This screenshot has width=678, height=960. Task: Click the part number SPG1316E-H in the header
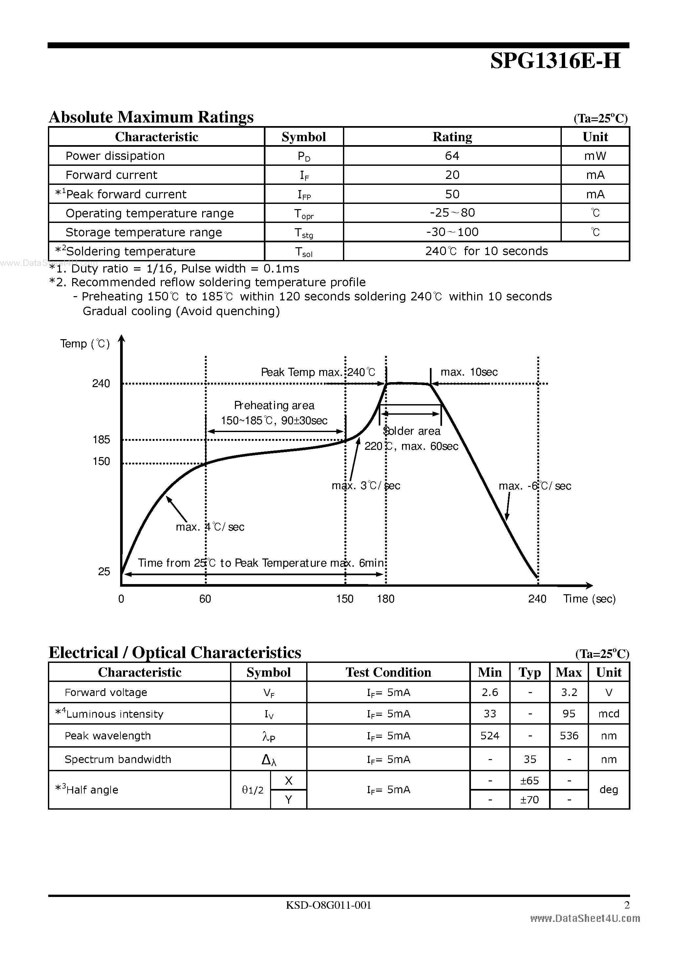click(x=555, y=61)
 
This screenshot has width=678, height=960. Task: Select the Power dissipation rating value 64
click(x=452, y=156)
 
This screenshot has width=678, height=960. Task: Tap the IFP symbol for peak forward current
click(x=304, y=194)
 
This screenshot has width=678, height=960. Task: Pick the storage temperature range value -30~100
click(x=452, y=232)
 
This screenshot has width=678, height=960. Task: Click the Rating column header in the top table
click(x=452, y=137)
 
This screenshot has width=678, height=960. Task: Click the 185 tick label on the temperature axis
click(x=101, y=439)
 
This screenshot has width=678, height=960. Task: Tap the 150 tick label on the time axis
click(x=345, y=599)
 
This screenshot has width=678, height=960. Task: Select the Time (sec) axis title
click(x=589, y=599)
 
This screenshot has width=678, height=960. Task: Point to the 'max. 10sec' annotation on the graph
click(x=469, y=372)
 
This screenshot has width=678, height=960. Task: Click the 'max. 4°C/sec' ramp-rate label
click(x=210, y=527)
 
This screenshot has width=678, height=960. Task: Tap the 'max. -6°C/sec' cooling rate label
click(x=535, y=486)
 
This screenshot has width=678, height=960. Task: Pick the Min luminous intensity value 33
click(x=490, y=714)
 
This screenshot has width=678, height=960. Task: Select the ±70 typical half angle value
click(x=529, y=800)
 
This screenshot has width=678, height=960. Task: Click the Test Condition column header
click(x=388, y=672)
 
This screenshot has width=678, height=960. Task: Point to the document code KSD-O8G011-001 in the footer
click(x=328, y=905)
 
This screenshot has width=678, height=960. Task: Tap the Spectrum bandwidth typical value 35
click(x=530, y=759)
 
